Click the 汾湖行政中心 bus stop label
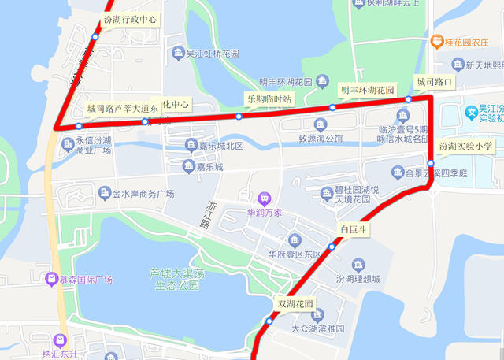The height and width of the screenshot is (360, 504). (130, 18)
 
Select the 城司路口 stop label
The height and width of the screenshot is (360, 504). (435, 82)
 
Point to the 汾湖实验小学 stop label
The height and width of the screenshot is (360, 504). (465, 146)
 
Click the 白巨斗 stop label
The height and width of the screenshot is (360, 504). (354, 229)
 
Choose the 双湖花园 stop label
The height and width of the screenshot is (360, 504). (295, 304)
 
